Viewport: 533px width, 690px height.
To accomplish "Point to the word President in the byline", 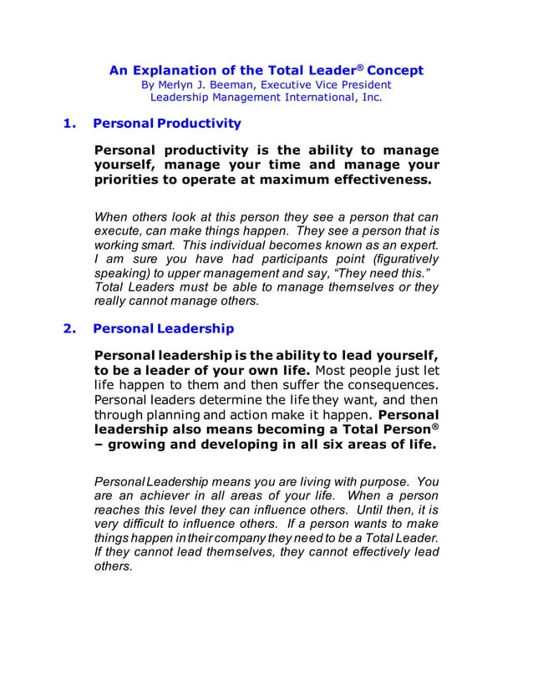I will point(361,84).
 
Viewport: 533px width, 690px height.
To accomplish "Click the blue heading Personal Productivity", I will point(167,124).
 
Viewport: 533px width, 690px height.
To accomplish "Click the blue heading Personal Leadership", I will point(164,328).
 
